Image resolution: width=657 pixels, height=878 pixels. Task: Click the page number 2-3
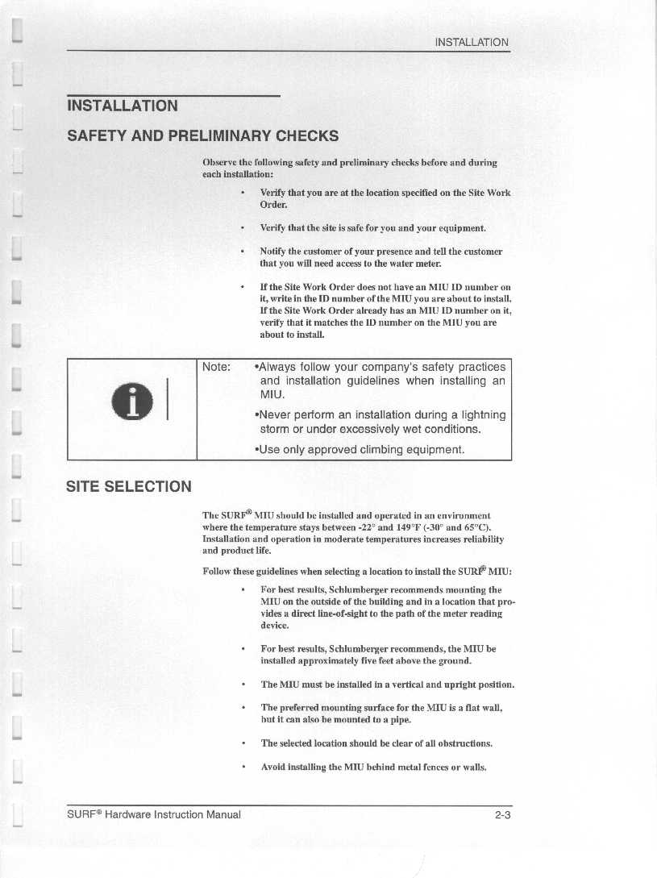click(504, 814)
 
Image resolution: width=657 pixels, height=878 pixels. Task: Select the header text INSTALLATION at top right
click(472, 42)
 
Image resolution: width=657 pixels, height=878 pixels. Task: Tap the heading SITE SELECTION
click(130, 486)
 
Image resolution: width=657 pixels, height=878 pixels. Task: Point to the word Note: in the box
click(217, 367)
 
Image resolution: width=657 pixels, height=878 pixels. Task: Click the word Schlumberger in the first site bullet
click(353, 590)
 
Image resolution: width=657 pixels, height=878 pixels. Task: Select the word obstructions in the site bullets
click(459, 743)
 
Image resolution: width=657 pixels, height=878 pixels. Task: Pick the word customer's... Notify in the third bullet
click(276, 252)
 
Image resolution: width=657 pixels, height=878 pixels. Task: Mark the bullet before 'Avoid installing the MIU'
click(243, 767)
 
